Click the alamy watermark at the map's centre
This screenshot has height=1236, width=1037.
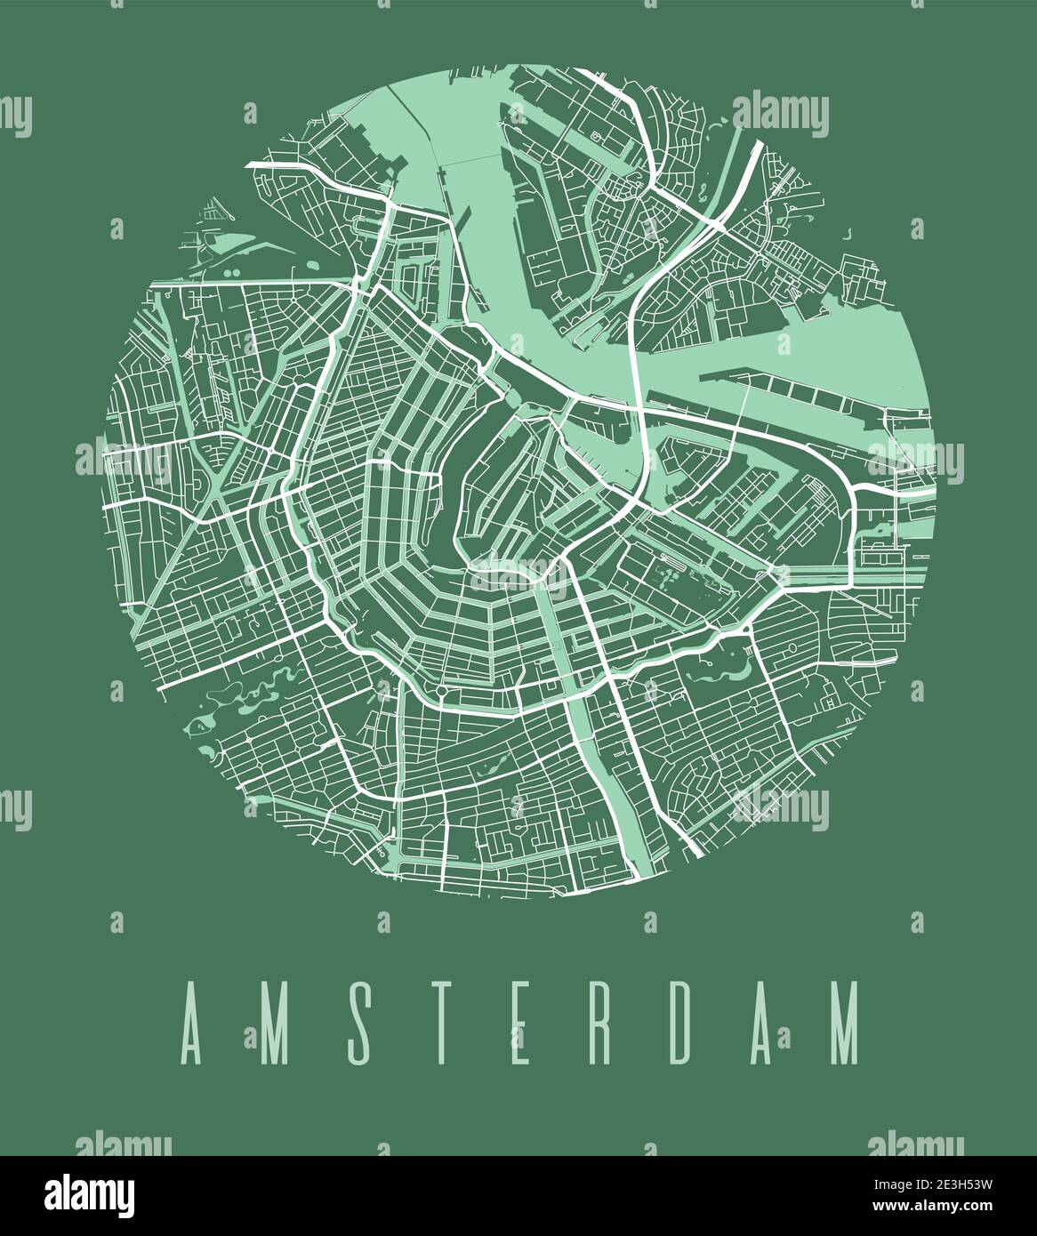click(518, 578)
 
